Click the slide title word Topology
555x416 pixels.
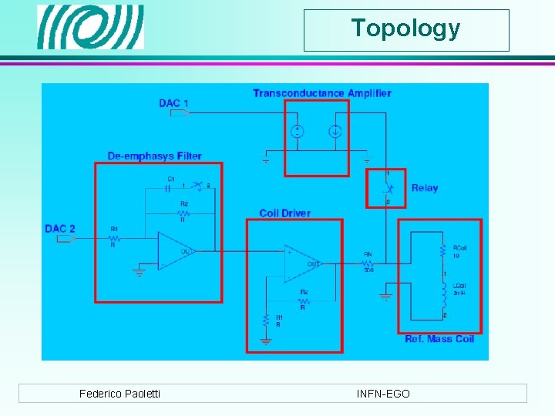click(405, 29)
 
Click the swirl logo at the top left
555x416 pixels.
click(91, 27)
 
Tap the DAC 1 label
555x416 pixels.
click(173, 103)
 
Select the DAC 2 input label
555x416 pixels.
click(60, 228)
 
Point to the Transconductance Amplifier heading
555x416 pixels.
click(321, 93)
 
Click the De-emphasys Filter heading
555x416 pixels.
click(154, 156)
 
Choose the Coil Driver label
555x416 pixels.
click(284, 213)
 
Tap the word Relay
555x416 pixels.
click(424, 188)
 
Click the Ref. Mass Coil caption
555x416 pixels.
click(439, 339)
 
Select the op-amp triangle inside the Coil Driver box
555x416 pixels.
click(303, 263)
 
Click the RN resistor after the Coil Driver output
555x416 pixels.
click(369, 262)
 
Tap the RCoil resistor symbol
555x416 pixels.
click(443, 250)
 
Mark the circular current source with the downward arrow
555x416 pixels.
click(335, 130)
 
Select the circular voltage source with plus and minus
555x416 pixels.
click(296, 130)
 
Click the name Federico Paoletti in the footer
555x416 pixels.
click(119, 394)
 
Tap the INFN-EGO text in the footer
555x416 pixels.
click(383, 394)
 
